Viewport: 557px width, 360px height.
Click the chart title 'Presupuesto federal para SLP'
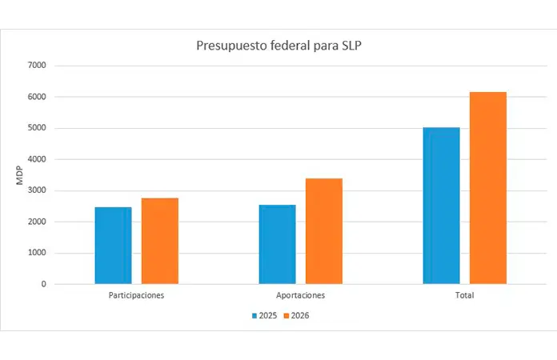pos(279,46)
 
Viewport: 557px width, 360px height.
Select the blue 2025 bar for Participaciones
pos(113,245)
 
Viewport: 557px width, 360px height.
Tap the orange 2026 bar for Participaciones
pos(160,240)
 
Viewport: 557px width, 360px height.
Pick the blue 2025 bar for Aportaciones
pos(277,244)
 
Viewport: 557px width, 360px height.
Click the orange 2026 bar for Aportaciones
pos(324,230)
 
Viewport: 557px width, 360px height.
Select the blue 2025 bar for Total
pos(441,205)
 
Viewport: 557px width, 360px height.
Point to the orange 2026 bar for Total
pos(488,188)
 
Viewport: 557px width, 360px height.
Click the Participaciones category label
pos(136,295)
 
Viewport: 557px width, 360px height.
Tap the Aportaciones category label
pos(300,295)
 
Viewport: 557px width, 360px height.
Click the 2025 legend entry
pos(264,315)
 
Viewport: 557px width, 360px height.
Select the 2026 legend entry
pos(296,315)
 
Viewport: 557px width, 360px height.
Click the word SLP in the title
pos(350,46)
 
